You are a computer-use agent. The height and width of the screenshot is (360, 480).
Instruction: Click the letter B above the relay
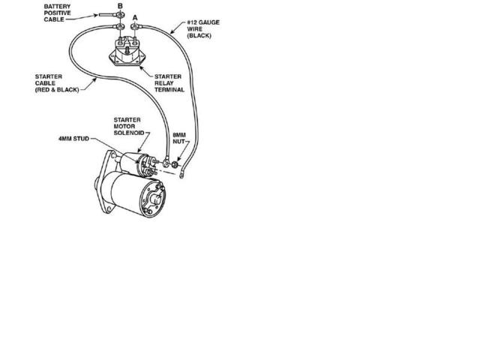(x=120, y=6)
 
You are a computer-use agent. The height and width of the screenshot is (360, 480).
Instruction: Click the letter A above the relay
(x=135, y=18)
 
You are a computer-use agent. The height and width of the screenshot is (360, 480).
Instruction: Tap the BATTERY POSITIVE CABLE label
(x=57, y=13)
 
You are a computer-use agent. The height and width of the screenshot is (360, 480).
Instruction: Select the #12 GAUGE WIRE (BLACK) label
(x=203, y=29)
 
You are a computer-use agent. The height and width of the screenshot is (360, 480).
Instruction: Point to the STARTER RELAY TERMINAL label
(x=169, y=83)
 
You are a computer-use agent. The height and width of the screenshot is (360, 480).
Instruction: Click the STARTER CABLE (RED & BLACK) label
(x=57, y=83)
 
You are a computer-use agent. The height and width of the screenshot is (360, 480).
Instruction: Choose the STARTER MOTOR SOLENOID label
(x=128, y=127)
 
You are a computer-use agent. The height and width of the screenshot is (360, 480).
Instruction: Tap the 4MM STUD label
(x=73, y=139)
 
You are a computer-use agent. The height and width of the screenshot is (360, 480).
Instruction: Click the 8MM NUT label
(x=179, y=138)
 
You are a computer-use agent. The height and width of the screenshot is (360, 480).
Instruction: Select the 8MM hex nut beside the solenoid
(x=175, y=165)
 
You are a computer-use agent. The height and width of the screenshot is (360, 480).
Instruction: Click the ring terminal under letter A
(x=135, y=27)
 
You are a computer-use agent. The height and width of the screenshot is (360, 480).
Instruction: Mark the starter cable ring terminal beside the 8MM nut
(x=166, y=162)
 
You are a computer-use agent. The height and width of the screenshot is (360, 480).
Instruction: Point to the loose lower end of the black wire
(x=181, y=175)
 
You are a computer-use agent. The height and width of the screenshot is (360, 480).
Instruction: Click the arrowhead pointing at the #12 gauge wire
(x=172, y=31)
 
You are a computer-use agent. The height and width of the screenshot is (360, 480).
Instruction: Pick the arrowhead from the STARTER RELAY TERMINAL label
(x=141, y=67)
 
